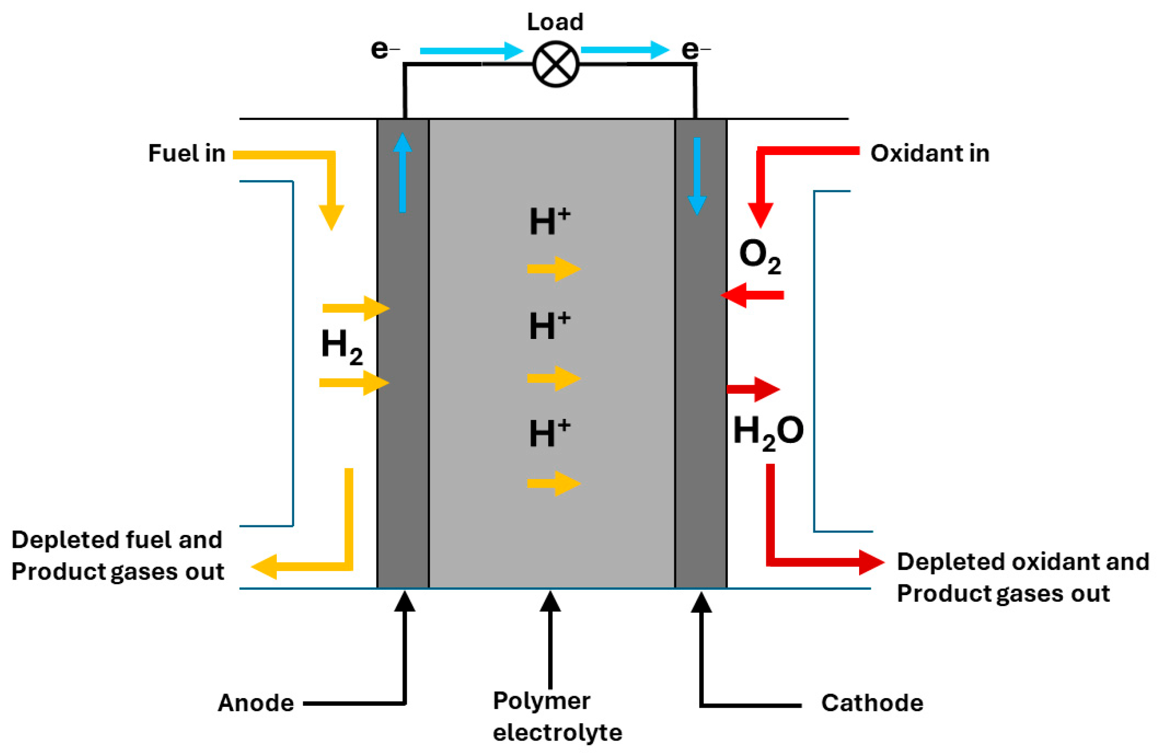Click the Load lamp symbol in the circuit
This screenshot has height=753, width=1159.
555,64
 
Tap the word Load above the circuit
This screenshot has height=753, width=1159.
555,22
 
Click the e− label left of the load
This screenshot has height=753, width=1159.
385,49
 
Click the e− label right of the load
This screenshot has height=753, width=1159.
695,49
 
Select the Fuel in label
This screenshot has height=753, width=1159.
187,154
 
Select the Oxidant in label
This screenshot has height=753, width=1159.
929,154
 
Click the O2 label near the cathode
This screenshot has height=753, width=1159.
760,257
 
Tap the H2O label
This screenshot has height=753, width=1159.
768,431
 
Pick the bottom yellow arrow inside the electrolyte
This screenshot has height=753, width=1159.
554,483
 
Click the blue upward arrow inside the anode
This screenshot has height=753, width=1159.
402,173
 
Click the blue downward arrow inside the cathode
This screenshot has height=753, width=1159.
697,175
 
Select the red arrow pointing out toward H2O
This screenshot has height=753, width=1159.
753,389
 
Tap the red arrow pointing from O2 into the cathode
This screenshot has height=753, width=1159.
752,295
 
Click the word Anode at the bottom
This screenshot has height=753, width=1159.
256,703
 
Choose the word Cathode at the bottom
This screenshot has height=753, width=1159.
872,703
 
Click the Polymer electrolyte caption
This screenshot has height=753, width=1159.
556,716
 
